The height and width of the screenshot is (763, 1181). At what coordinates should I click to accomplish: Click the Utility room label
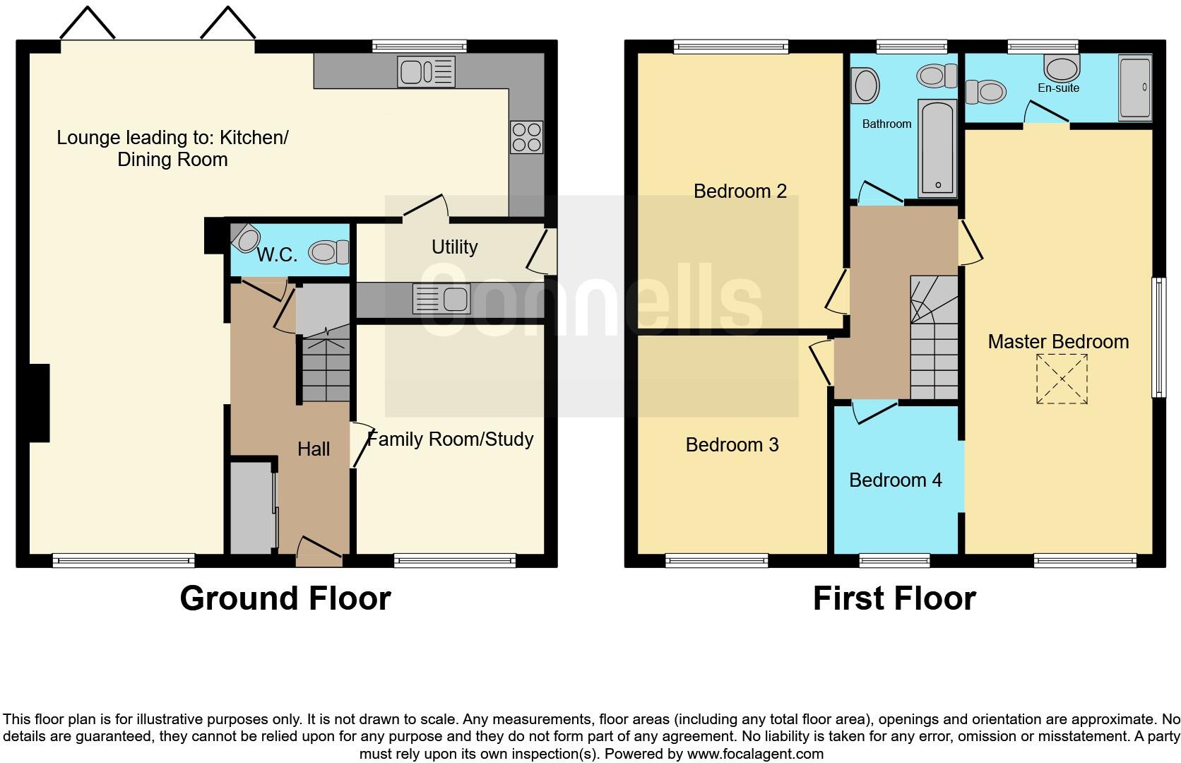[x=454, y=247]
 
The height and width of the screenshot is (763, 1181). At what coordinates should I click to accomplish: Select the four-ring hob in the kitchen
[x=526, y=137]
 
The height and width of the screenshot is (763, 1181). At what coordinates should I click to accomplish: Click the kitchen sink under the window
[x=426, y=71]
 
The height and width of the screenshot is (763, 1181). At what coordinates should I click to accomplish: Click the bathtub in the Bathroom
[x=937, y=148]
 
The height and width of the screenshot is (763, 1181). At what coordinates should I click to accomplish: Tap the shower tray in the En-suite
[x=1135, y=88]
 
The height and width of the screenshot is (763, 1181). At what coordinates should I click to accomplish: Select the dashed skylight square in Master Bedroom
[x=1062, y=379]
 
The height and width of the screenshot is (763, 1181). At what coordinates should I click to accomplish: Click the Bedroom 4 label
[x=895, y=480]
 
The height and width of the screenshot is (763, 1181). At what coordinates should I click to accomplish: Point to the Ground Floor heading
[x=285, y=598]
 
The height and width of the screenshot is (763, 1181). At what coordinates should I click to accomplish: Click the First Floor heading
[x=894, y=598]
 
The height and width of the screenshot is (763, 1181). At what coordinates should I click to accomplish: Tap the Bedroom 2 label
[x=740, y=191]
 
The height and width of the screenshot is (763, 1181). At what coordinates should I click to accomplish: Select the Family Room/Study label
[x=450, y=439]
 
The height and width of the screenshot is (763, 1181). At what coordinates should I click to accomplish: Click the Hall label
[x=314, y=449]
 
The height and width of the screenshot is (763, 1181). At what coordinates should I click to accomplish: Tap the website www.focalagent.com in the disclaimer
[x=754, y=754]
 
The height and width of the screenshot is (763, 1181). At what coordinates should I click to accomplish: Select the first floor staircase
[x=933, y=339]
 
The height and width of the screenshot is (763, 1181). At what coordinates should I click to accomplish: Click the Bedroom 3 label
[x=732, y=444]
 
